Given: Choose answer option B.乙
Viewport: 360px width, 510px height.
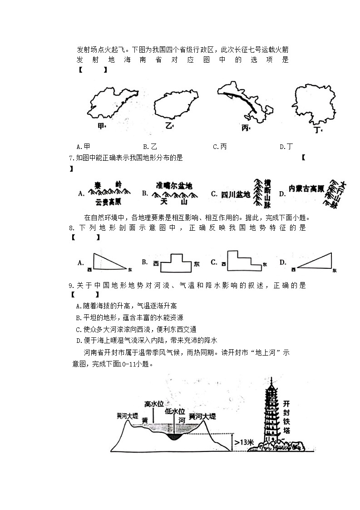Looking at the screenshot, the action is [x=150, y=146].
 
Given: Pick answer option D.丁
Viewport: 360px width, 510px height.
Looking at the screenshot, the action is [x=286, y=146].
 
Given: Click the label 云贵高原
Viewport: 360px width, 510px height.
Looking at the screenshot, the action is [x=108, y=201].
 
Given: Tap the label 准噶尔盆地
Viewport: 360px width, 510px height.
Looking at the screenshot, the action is [x=174, y=186].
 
